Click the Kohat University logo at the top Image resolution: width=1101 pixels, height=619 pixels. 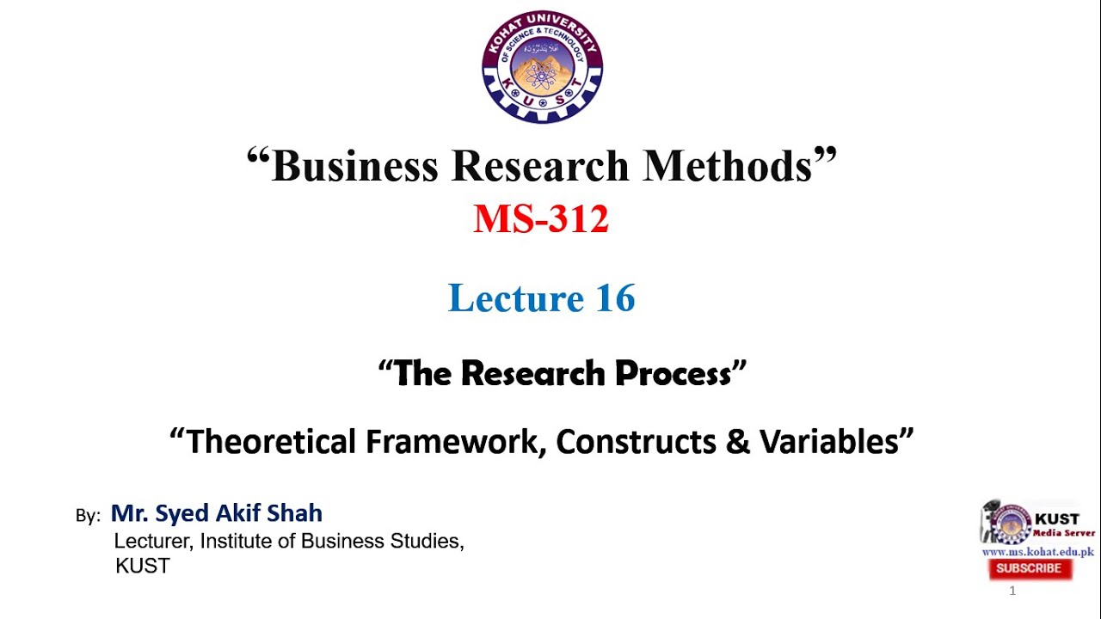click(x=542, y=67)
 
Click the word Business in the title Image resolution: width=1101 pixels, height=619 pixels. click(x=354, y=166)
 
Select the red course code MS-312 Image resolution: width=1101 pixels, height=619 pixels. click(x=541, y=219)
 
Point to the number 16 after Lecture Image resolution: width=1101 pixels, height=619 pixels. click(x=615, y=298)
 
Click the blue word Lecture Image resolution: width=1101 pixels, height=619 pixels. click(x=516, y=298)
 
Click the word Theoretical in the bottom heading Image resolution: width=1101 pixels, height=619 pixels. click(x=271, y=442)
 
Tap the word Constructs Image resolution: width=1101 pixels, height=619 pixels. click(x=641, y=442)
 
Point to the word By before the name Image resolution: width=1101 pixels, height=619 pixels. click(x=88, y=516)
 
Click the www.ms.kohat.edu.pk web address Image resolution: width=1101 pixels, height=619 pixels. click(x=1037, y=552)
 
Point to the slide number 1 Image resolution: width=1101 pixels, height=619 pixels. click(x=1012, y=591)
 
